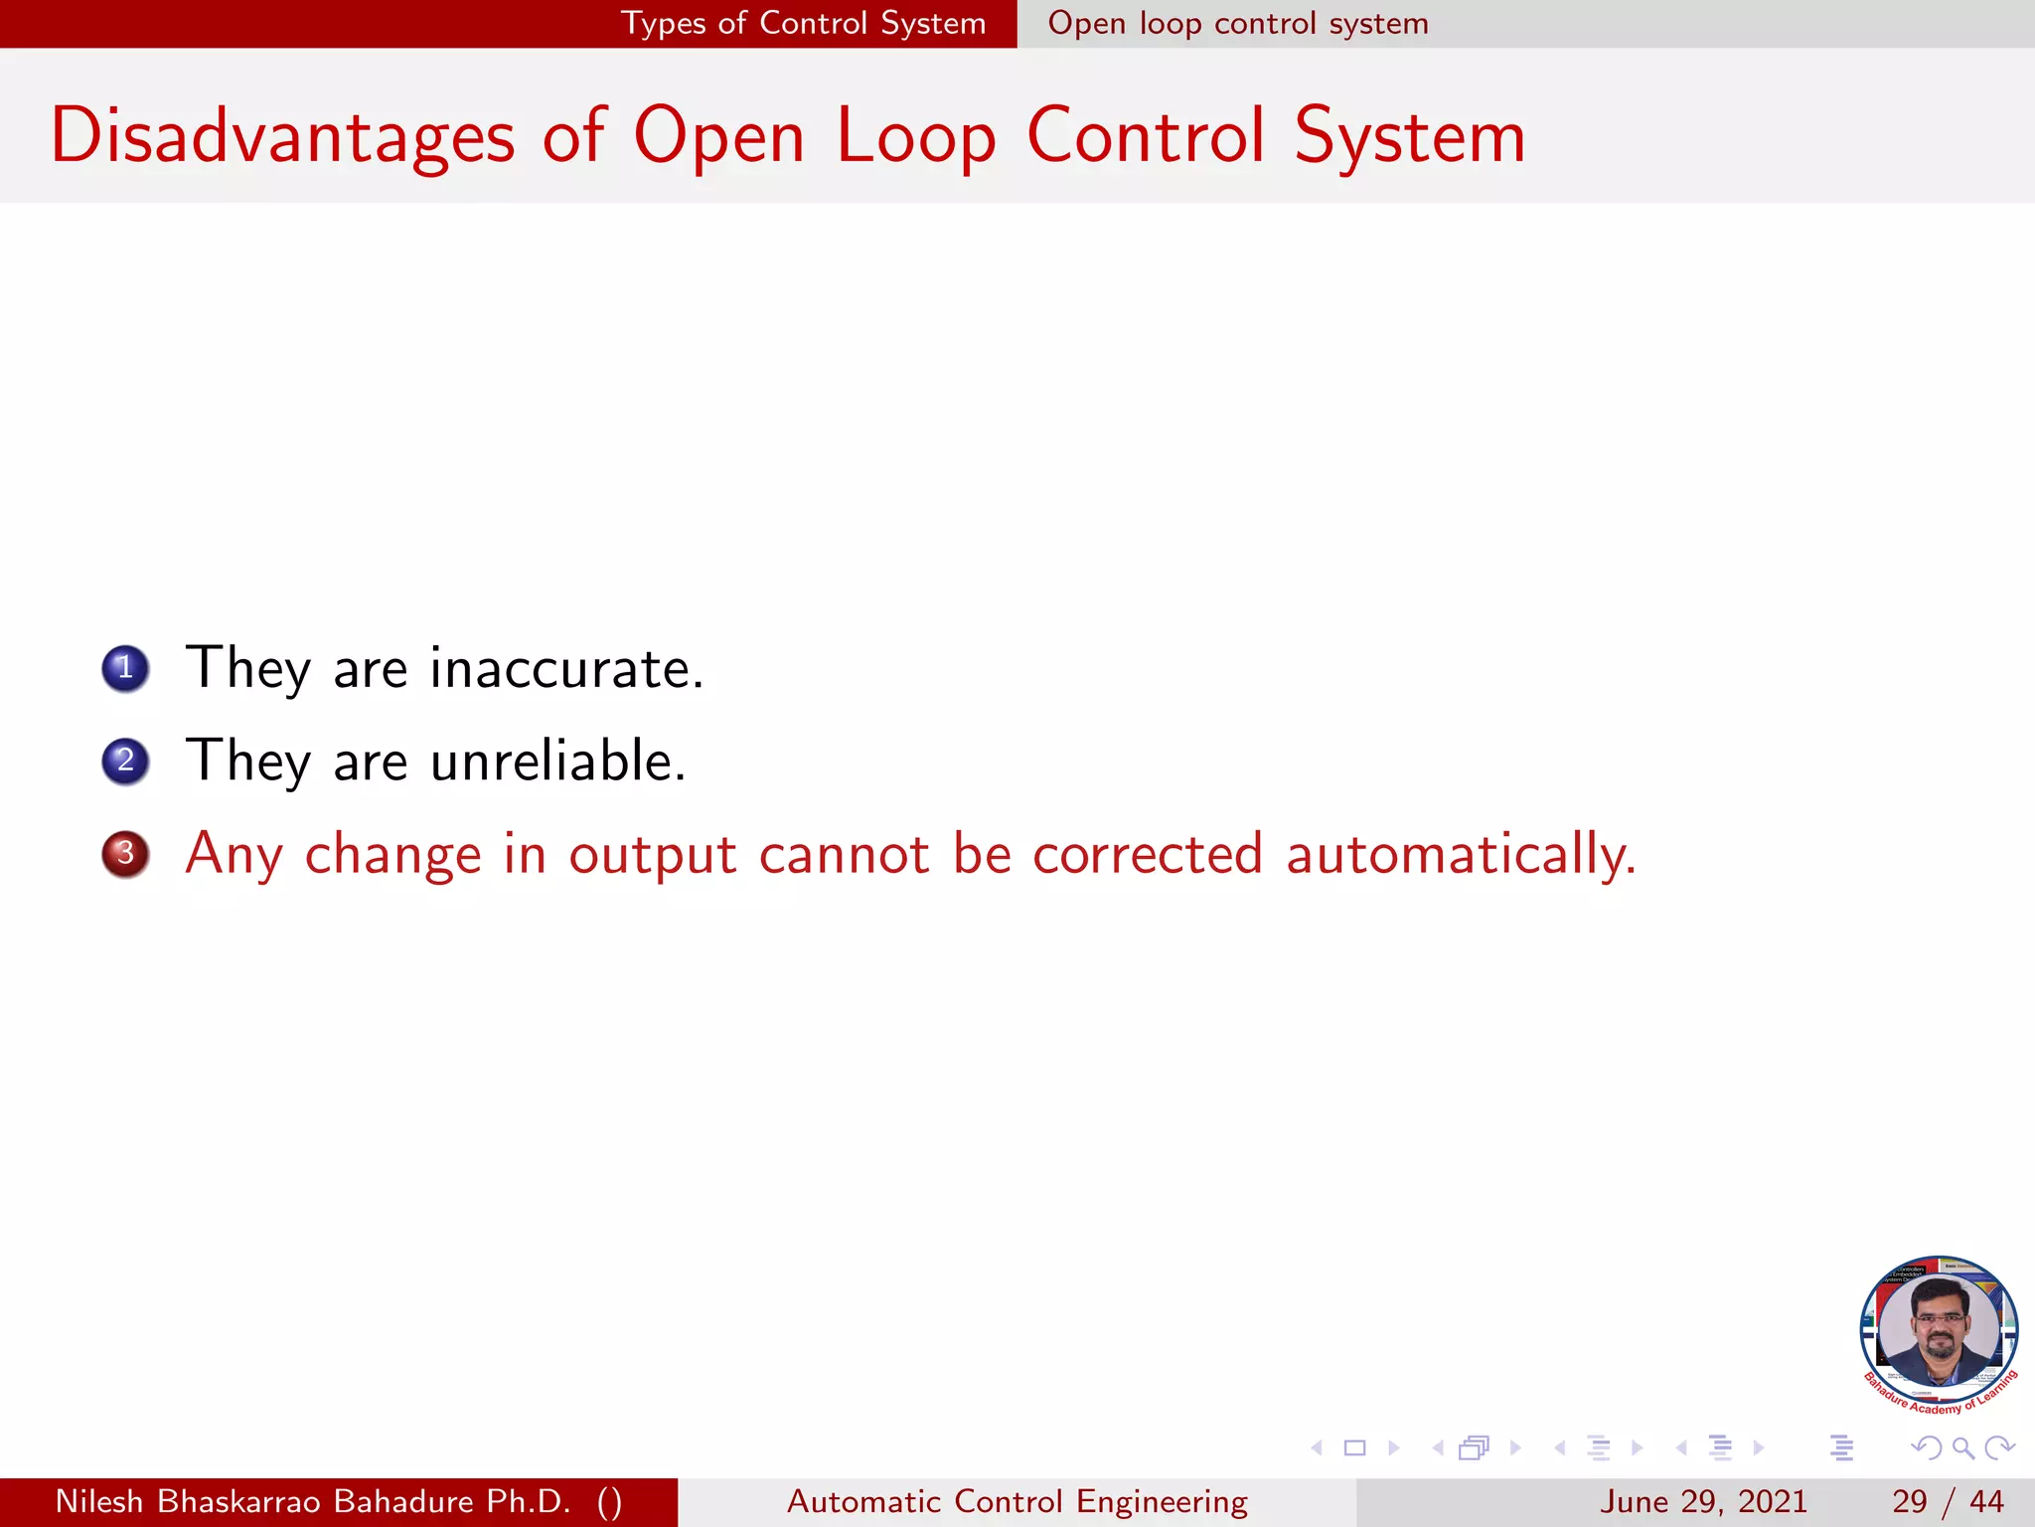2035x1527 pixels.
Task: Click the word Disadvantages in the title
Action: pos(282,137)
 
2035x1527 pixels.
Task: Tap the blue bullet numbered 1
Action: pos(125,668)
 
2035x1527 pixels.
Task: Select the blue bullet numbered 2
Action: pos(125,762)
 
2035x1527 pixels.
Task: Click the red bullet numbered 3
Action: pos(125,854)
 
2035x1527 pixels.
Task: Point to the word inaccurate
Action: pos(566,668)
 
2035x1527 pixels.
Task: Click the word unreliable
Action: pos(557,762)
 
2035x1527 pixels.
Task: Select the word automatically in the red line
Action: pos(1461,854)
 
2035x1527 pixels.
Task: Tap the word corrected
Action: pos(1148,854)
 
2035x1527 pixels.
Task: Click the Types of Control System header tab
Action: pos(803,23)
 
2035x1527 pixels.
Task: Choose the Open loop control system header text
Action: pos(1238,23)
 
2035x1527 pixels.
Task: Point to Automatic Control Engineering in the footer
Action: pos(1017,1501)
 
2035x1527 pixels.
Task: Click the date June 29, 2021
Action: pos(1703,1501)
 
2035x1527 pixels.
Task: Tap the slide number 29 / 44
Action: pos(1947,1501)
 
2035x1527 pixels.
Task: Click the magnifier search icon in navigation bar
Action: pos(1962,1447)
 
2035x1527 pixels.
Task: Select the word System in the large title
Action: pos(1409,137)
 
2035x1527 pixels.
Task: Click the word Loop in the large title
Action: pos(915,137)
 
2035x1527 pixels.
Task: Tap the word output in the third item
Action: pos(652,854)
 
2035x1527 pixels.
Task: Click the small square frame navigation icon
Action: pos(1354,1447)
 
